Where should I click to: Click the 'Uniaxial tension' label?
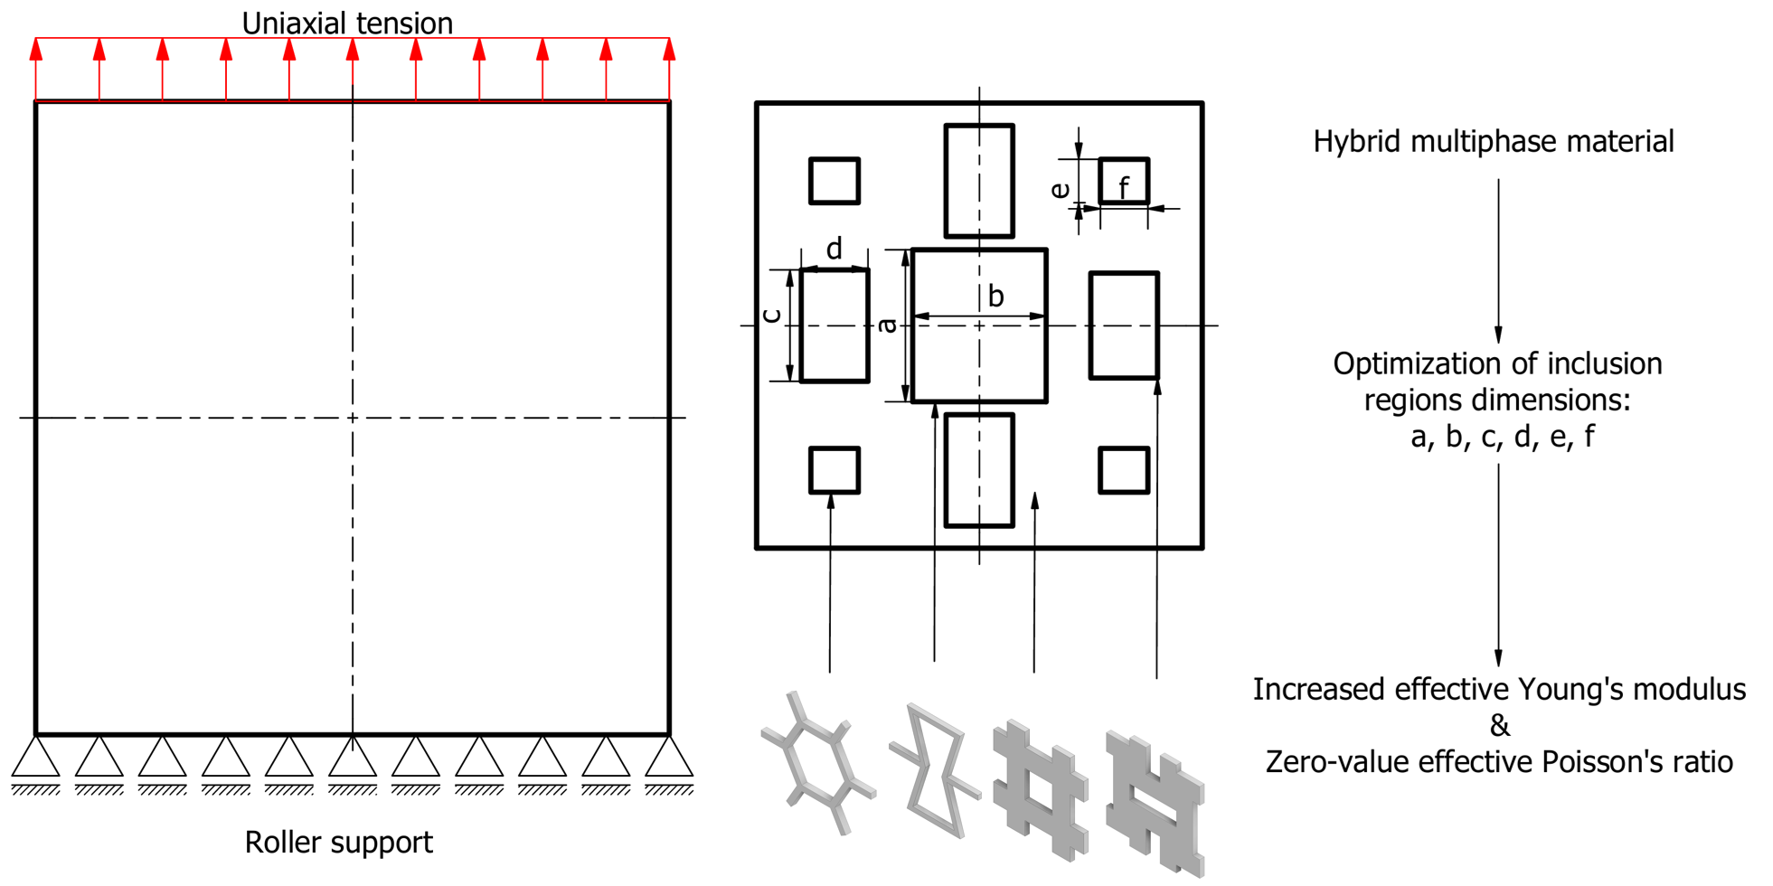pyautogui.click(x=347, y=24)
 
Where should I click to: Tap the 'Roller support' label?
pyautogui.click(x=338, y=843)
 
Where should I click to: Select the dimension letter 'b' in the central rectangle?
pyautogui.click(x=995, y=296)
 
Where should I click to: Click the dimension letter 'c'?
pyautogui.click(x=771, y=316)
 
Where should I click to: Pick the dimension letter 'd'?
pyautogui.click(x=834, y=248)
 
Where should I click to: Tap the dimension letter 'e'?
pyautogui.click(x=1060, y=190)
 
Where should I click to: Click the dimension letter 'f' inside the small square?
pyautogui.click(x=1124, y=188)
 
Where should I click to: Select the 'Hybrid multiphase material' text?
pyautogui.click(x=1493, y=142)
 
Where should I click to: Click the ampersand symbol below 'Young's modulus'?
pyautogui.click(x=1499, y=726)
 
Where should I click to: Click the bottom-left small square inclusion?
pyautogui.click(x=834, y=470)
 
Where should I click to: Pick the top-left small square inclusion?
pyautogui.click(x=834, y=181)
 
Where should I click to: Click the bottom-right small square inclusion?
pyautogui.click(x=1124, y=470)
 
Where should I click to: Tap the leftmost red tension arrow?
pyautogui.click(x=36, y=68)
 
